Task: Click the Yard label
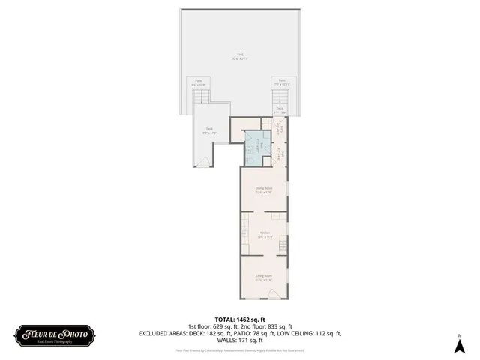click(x=240, y=55)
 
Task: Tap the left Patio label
click(x=199, y=82)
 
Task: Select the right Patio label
click(x=282, y=82)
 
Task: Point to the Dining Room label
click(x=264, y=190)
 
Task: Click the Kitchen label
click(x=265, y=235)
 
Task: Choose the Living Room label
click(x=264, y=278)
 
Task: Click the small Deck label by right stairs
click(x=280, y=110)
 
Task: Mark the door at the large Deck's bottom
click(x=202, y=163)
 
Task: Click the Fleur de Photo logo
click(x=54, y=334)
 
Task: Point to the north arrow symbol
click(x=459, y=345)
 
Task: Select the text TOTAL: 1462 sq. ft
click(x=240, y=318)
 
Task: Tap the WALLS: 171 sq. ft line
click(x=240, y=340)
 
